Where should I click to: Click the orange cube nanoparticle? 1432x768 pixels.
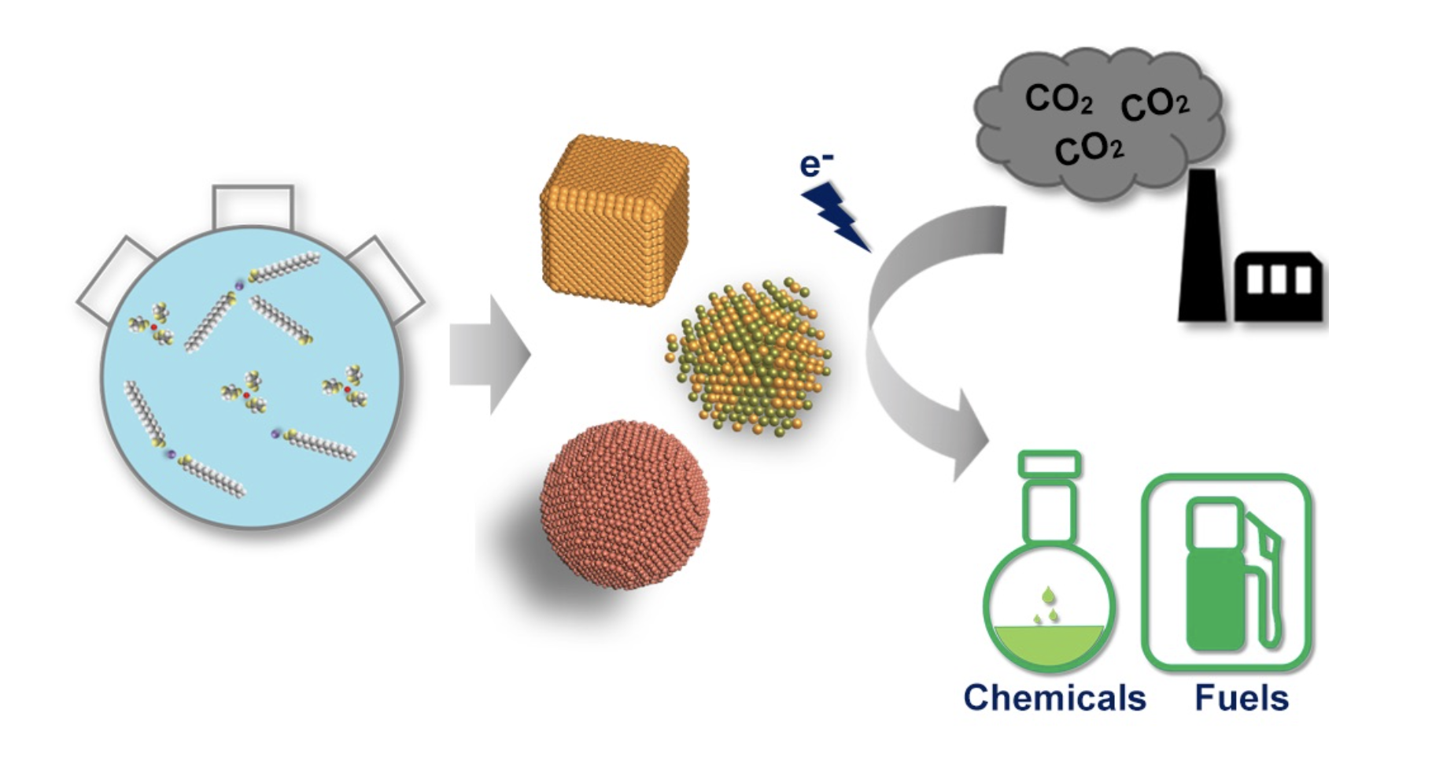613,220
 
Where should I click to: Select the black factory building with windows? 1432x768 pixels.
1279,287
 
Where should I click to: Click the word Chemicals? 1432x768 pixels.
1054,698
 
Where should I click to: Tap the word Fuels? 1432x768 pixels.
1242,698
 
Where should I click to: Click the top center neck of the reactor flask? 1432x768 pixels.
253,207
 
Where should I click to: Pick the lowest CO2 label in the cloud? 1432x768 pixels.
1089,148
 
